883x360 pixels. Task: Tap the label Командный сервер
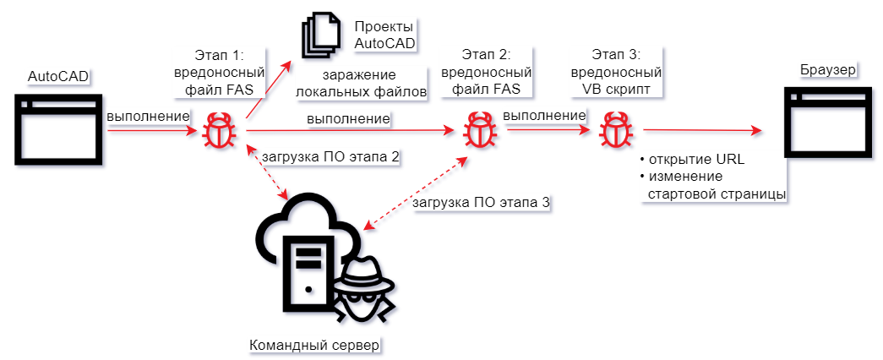[315, 346]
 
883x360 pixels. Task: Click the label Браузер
[827, 69]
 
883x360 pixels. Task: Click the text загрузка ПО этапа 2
[331, 156]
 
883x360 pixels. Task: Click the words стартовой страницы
[717, 194]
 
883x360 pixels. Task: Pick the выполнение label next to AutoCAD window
[147, 116]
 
